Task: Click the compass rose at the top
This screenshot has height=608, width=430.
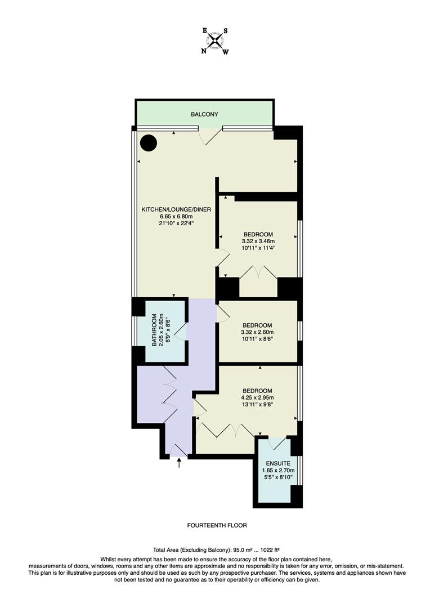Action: click(215, 41)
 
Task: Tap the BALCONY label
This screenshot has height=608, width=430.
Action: click(204, 114)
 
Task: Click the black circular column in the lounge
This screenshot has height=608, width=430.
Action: click(149, 144)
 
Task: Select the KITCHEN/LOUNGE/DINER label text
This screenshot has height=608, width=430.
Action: click(176, 209)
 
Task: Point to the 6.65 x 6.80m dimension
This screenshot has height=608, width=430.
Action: click(176, 216)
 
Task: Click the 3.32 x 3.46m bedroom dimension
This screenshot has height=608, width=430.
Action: click(258, 241)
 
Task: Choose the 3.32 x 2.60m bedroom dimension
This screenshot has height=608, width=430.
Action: click(257, 332)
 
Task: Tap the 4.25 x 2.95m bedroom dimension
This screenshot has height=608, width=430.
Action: click(257, 397)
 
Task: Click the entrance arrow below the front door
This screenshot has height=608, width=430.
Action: click(180, 463)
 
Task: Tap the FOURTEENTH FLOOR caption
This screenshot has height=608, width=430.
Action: click(217, 525)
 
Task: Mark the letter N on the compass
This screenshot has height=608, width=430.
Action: click(204, 51)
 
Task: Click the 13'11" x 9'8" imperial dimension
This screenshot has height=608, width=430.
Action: click(257, 404)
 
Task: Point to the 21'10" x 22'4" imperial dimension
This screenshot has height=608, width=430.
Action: click(176, 223)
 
